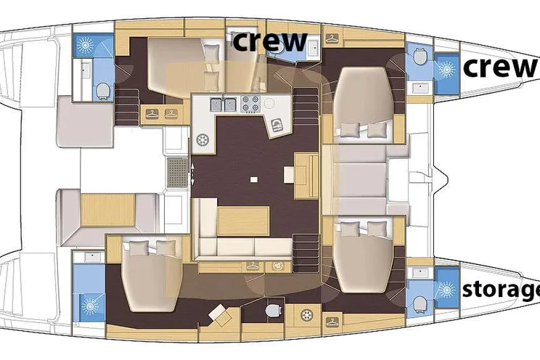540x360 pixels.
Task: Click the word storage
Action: [x=501, y=290]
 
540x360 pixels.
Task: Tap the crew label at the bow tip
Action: [x=500, y=67]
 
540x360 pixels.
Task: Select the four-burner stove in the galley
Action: [x=250, y=103]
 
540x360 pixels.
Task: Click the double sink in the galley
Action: [x=224, y=104]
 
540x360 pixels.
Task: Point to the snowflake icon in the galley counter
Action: [x=202, y=140]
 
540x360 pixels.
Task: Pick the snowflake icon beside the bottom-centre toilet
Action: [x=306, y=315]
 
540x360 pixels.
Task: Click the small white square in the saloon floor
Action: [x=254, y=179]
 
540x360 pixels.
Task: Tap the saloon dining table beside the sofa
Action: [x=243, y=221]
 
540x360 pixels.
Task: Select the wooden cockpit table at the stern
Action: [x=108, y=210]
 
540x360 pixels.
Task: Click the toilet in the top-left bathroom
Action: [x=102, y=91]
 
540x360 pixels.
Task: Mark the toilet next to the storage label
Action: [x=420, y=305]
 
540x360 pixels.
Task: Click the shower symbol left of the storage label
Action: [x=446, y=290]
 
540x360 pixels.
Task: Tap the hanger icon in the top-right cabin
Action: [x=332, y=39]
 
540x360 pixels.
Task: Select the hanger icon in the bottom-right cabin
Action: [x=332, y=322]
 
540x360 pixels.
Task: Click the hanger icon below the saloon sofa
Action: [x=253, y=266]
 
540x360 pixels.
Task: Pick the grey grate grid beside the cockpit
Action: [x=178, y=172]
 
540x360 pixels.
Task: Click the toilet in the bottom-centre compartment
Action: [x=272, y=310]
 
